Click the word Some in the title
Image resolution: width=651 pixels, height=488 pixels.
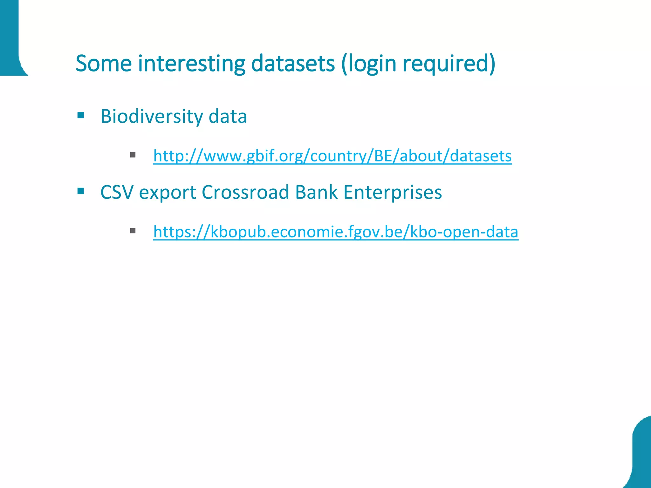coord(104,64)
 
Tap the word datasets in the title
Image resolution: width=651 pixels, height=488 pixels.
coord(293,64)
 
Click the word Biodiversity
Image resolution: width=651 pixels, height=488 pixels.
coord(151,116)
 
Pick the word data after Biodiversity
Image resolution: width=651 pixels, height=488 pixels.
coord(228,116)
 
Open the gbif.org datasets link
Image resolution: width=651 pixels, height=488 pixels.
coord(332,156)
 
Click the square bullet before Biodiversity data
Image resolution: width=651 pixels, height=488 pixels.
coord(81,115)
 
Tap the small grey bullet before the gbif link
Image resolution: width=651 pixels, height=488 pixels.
coord(133,155)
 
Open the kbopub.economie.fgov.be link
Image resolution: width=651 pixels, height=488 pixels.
coord(336,232)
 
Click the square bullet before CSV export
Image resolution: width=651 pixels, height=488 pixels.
coord(81,191)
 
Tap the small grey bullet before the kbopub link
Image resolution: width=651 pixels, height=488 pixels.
coord(133,231)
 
